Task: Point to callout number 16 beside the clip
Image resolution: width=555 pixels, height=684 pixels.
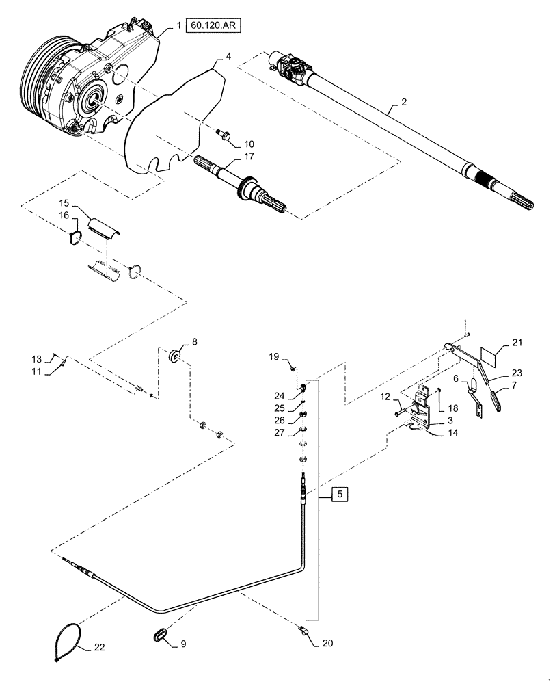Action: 64,215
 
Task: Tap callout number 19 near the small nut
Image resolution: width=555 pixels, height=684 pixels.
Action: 274,356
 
